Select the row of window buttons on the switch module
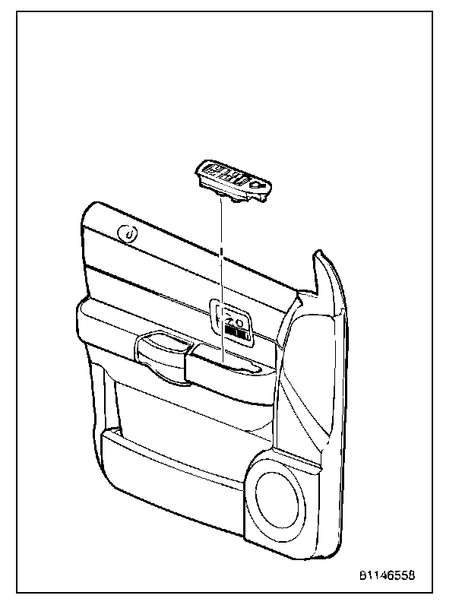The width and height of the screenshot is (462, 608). pyautogui.click(x=227, y=176)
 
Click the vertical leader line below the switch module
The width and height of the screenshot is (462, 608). pyautogui.click(x=221, y=228)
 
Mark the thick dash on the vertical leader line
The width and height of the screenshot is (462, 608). pyautogui.click(x=221, y=251)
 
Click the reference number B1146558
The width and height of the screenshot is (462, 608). pyautogui.click(x=388, y=576)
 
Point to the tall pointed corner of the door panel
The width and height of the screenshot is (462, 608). pyautogui.click(x=322, y=262)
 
